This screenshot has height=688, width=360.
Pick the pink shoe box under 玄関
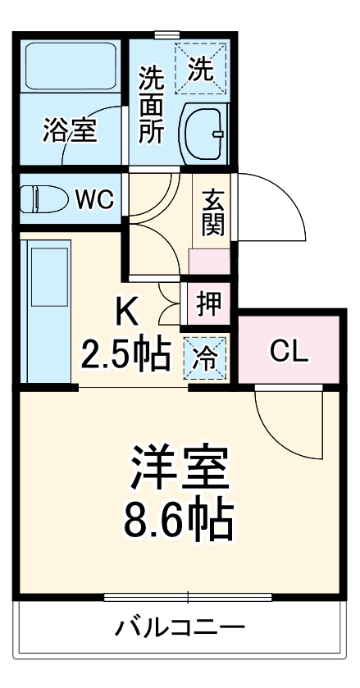pos(211,262)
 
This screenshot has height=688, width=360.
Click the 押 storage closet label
pos(207,303)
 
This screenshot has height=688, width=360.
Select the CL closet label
pos(288,353)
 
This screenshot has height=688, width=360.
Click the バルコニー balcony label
pos(179,630)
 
